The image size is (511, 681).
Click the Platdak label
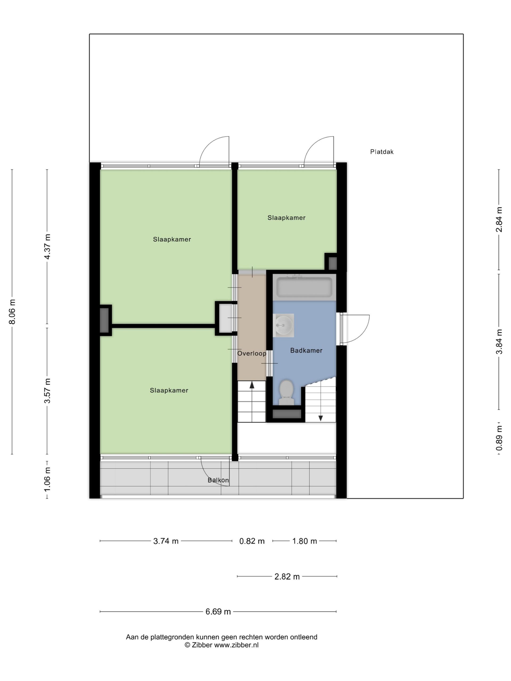pos(382,152)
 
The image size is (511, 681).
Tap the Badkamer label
pos(306,350)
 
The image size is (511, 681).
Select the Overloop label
pos(252,354)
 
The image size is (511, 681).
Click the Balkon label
pos(218,480)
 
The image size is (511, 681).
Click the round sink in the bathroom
pos(283,325)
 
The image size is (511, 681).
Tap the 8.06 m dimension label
pos(12,312)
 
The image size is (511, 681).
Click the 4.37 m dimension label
pos(47,247)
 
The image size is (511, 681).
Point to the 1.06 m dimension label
pos(47,480)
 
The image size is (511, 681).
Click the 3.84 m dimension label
pos(499,342)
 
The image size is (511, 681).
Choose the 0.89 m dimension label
pos(499,438)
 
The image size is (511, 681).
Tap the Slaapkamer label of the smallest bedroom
pos(286,218)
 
